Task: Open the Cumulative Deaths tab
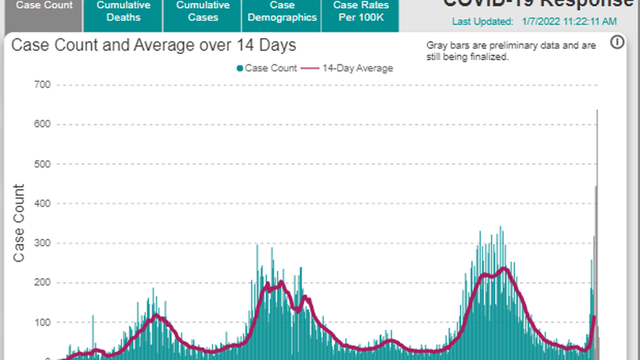(124, 11)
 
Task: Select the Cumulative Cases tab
(203, 11)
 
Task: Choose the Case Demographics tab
(282, 11)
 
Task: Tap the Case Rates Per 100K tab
(361, 11)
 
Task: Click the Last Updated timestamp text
(534, 22)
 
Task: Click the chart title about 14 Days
(154, 45)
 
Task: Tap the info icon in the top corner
(617, 42)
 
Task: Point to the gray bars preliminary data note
(511, 51)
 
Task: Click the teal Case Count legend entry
(267, 69)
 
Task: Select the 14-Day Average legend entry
(348, 69)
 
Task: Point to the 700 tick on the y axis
(43, 85)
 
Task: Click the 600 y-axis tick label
(43, 125)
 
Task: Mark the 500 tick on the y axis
(43, 164)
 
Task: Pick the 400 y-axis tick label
(43, 204)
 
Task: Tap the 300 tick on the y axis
(43, 243)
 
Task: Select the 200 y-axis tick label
(43, 283)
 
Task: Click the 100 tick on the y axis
(43, 322)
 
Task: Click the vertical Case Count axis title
(19, 223)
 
